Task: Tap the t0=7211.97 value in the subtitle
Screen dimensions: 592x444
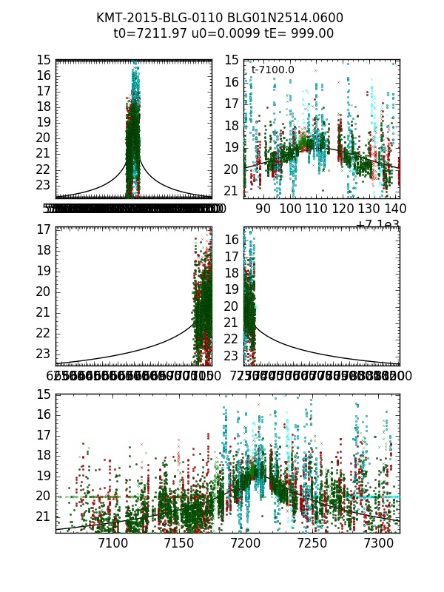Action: point(153,33)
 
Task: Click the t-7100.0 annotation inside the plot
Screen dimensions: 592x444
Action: point(272,70)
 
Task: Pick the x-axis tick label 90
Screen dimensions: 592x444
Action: point(263,209)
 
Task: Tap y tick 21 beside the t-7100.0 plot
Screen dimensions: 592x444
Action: point(232,191)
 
